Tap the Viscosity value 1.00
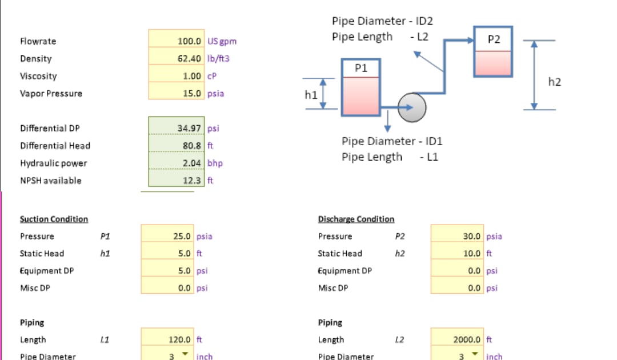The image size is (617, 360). tap(192, 76)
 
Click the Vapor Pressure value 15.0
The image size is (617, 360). tap(192, 93)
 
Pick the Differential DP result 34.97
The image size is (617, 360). tap(190, 128)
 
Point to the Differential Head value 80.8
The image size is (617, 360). tap(192, 146)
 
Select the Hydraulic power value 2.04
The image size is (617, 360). tap(192, 163)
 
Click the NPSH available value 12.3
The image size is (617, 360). tap(192, 181)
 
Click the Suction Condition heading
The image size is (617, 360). tap(54, 219)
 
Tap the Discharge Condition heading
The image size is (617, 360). tap(356, 219)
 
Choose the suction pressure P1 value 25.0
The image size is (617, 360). tap(182, 236)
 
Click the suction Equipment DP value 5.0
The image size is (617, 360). tap(184, 271)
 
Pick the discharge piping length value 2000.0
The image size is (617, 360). tap(468, 339)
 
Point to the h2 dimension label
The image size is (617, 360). tap(554, 82)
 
